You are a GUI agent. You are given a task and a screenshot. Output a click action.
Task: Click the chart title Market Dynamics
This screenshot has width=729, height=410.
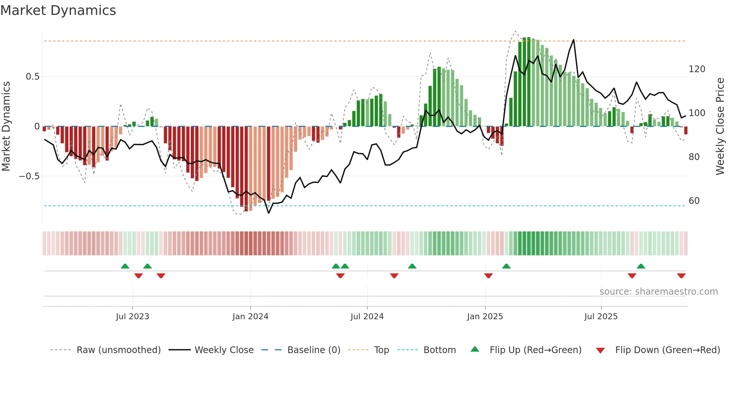pos(58,10)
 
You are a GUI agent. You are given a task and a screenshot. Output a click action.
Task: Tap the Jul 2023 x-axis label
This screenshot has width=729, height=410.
pos(132,317)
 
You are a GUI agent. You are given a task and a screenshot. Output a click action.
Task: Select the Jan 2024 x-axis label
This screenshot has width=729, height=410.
pos(250,317)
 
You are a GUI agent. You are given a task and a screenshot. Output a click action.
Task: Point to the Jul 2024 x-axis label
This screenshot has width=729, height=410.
pos(367,317)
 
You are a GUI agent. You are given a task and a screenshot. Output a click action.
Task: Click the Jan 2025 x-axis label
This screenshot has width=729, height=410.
pos(485,317)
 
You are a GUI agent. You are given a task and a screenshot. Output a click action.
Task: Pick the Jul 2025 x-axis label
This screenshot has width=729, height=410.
pos(601,317)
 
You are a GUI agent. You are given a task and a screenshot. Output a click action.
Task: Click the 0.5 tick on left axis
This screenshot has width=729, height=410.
pos(32,77)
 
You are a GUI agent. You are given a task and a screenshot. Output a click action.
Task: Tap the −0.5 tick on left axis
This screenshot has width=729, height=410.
pos(29,176)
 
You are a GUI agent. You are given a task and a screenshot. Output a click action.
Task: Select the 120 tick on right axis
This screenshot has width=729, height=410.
pos(697,69)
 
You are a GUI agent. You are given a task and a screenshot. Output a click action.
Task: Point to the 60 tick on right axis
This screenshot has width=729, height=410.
pos(694,201)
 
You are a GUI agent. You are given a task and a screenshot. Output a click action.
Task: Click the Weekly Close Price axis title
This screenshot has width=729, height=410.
pos(720,126)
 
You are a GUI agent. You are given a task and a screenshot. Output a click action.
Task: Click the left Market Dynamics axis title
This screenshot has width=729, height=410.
pos(6,126)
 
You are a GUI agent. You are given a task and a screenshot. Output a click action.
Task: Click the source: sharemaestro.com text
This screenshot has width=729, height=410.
pos(658,292)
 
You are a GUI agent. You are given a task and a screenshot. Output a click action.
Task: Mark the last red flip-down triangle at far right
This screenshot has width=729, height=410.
pos(681,276)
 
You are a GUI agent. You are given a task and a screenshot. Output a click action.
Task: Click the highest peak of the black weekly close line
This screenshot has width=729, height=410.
pos(574,40)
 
